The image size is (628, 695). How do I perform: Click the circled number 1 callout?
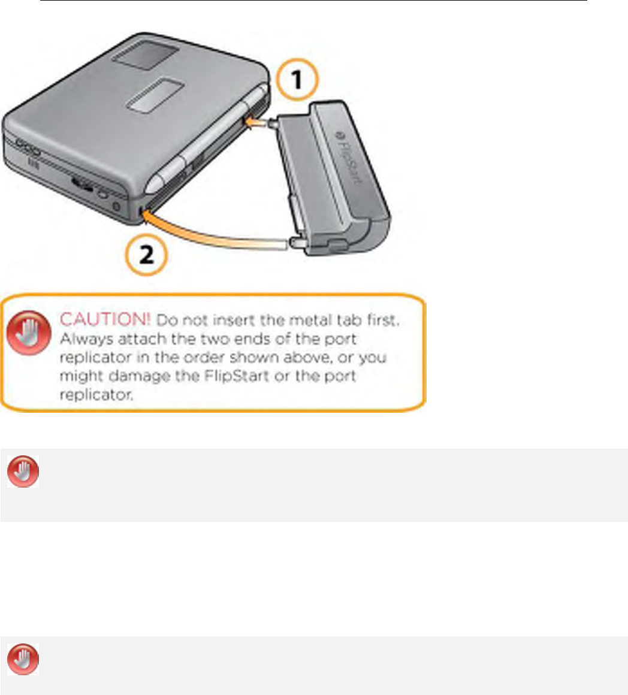[297, 80]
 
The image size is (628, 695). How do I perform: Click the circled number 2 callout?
[146, 255]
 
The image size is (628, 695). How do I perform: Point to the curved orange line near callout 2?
[213, 234]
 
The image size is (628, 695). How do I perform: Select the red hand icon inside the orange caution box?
[29, 333]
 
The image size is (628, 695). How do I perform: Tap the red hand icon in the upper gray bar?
[23, 471]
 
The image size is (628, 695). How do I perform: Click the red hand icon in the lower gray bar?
[23, 659]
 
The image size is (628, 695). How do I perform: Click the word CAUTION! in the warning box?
[105, 319]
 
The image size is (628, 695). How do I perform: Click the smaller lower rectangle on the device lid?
[155, 95]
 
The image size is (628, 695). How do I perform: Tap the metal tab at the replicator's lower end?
[298, 242]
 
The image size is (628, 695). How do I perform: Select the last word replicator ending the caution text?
[96, 395]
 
